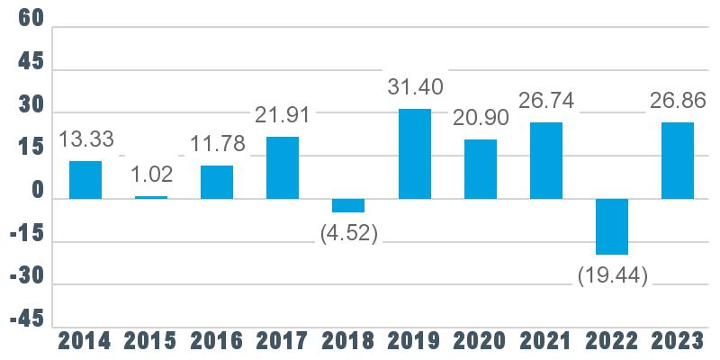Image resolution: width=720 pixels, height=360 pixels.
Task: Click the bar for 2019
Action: (415, 154)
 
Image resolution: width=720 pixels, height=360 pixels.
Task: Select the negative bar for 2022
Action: (612, 227)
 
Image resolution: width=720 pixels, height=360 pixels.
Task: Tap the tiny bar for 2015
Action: (151, 197)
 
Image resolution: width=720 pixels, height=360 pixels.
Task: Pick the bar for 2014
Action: (85, 180)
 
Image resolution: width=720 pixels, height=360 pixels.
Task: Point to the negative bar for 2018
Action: (348, 205)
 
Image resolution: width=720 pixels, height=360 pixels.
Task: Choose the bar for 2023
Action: (678, 161)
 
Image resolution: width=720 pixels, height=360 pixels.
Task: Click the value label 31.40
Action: (415, 86)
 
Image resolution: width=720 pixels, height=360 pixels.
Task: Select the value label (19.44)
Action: (613, 277)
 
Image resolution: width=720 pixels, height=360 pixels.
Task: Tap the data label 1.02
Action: (151, 174)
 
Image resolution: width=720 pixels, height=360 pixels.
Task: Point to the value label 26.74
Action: (546, 100)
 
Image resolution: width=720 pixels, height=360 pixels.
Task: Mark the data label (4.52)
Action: (349, 234)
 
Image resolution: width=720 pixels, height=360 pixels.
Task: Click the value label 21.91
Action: (283, 115)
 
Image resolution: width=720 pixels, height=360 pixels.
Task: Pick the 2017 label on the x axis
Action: (283, 342)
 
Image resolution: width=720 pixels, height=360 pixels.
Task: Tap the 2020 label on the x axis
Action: (481, 342)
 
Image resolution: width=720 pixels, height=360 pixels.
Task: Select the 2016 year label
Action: (217, 342)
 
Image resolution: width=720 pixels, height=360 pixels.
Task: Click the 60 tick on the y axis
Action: (31, 19)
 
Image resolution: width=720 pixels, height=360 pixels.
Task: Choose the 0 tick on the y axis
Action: (38, 191)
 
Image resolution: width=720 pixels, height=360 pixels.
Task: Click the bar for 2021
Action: (546, 161)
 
